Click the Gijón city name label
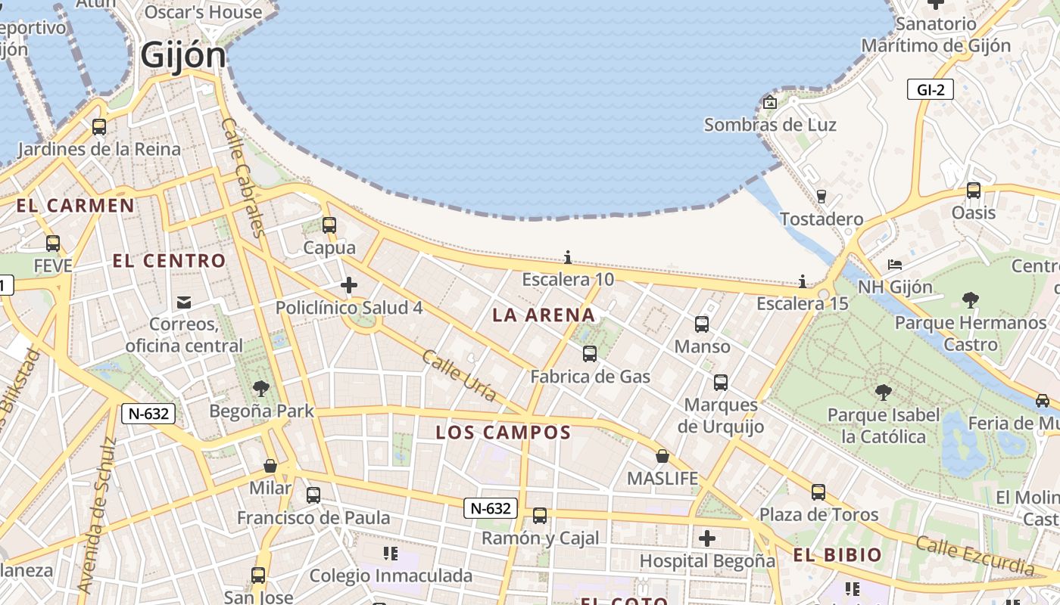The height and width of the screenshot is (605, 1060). pyautogui.click(x=183, y=55)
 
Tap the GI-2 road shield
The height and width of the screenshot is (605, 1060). pyautogui.click(x=930, y=90)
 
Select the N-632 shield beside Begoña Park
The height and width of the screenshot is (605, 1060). pyautogui.click(x=148, y=414)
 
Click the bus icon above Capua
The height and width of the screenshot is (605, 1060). pyautogui.click(x=329, y=225)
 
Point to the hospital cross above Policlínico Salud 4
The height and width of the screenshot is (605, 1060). pyautogui.click(x=349, y=285)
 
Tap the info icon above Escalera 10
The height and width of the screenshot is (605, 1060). pyautogui.click(x=567, y=258)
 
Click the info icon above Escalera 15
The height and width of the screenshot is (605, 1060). pyautogui.click(x=802, y=282)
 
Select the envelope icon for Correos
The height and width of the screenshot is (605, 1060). pyautogui.click(x=183, y=302)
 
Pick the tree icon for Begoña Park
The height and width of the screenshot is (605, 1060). pyautogui.click(x=261, y=389)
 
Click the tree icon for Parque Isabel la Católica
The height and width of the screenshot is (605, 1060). pyautogui.click(x=882, y=392)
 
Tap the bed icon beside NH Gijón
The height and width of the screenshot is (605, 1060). pyautogui.click(x=894, y=265)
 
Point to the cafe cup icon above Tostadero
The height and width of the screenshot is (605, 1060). pyautogui.click(x=821, y=197)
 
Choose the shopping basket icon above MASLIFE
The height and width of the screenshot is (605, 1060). pyautogui.click(x=662, y=456)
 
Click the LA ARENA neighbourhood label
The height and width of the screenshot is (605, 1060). pyautogui.click(x=544, y=315)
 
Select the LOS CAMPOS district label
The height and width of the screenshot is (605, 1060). pyautogui.click(x=503, y=433)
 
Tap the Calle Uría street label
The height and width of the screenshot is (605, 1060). pyautogui.click(x=460, y=375)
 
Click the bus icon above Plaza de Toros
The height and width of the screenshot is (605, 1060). pyautogui.click(x=818, y=492)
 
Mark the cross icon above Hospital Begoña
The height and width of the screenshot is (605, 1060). pyautogui.click(x=707, y=538)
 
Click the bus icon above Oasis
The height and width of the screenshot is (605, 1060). pyautogui.click(x=974, y=191)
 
